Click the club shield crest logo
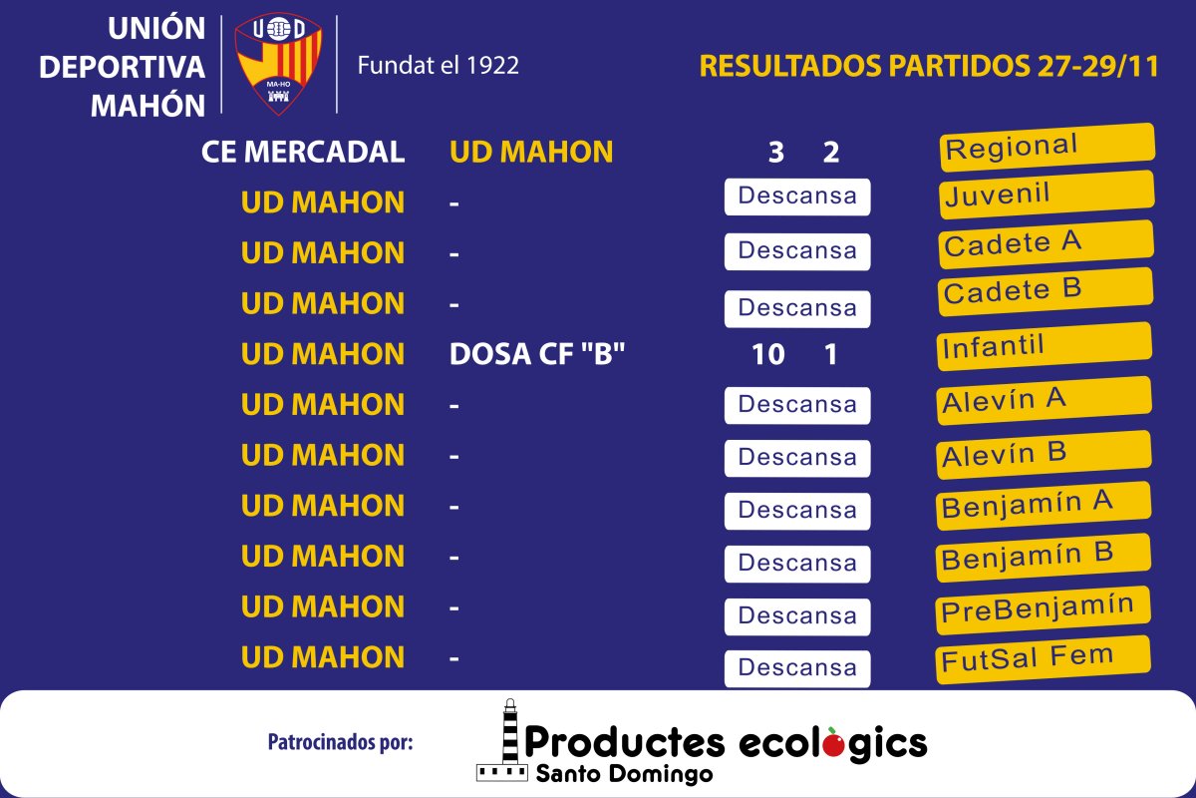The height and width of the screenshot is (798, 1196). pyautogui.click(x=278, y=64)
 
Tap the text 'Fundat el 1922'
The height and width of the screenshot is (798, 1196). pyautogui.click(x=438, y=65)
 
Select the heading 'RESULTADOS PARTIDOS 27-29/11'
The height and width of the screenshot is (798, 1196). pyautogui.click(x=929, y=66)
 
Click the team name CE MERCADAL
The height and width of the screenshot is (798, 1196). pyautogui.click(x=303, y=152)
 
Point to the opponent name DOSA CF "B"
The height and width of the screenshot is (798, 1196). pyautogui.click(x=536, y=354)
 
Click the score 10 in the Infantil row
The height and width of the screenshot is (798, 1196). pyautogui.click(x=767, y=354)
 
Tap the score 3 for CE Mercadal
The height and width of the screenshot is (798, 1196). pyautogui.click(x=775, y=153)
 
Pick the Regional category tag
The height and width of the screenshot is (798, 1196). pyautogui.click(x=1047, y=147)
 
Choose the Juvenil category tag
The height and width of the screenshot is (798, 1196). pyautogui.click(x=1046, y=195)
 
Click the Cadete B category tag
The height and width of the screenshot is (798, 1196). pyautogui.click(x=1046, y=291)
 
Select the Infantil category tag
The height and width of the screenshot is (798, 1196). pyautogui.click(x=1045, y=346)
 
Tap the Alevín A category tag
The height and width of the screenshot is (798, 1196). pyautogui.click(x=1044, y=401)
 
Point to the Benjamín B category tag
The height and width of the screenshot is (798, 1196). pyautogui.click(x=1044, y=558)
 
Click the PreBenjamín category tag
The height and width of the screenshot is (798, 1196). pyautogui.click(x=1043, y=609)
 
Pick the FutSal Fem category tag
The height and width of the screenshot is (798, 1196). pyautogui.click(x=1043, y=659)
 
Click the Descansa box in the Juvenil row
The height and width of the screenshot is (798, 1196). pyautogui.click(x=797, y=197)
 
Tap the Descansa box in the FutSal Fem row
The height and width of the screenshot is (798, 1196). pyautogui.click(x=797, y=668)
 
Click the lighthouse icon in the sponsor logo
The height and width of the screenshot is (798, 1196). pyautogui.click(x=502, y=740)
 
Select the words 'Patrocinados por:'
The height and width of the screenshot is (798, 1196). pyautogui.click(x=340, y=742)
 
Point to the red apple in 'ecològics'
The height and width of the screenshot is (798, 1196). pyautogui.click(x=834, y=743)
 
